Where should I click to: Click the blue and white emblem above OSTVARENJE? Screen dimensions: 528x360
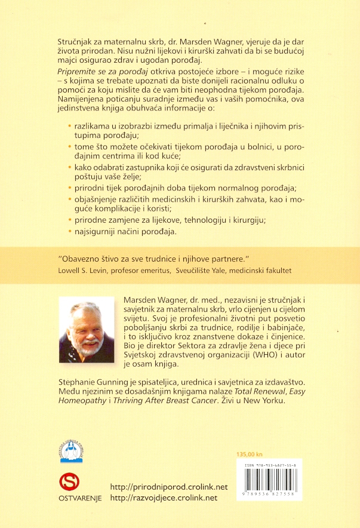click(71, 448)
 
